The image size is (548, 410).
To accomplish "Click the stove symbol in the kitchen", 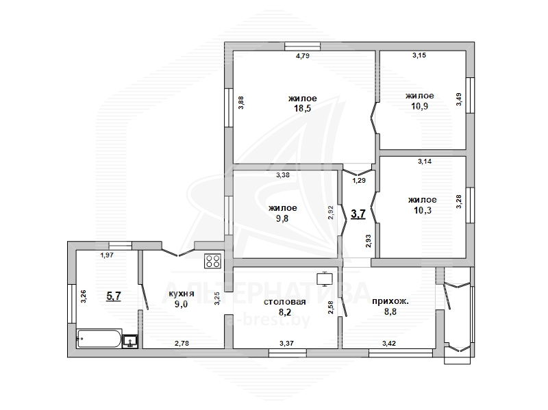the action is [213, 261].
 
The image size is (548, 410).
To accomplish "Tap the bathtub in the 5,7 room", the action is [99, 338].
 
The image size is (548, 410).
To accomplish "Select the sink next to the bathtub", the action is [130, 341].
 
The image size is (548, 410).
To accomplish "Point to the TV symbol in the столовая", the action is [325, 279].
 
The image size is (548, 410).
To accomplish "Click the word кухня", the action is [181, 294].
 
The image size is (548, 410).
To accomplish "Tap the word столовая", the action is [285, 302].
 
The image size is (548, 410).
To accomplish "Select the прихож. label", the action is [390, 302].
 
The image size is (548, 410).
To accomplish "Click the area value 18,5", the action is [302, 108].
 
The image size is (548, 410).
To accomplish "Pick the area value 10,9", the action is [419, 106].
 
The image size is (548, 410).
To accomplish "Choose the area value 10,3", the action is [423, 210].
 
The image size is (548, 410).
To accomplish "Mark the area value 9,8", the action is [282, 218].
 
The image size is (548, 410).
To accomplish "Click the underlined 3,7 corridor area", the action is [358, 214].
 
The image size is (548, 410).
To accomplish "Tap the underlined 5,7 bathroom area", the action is [114, 296].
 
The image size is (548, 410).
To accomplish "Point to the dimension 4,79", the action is [303, 55].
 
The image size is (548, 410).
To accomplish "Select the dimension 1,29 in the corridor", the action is [358, 181].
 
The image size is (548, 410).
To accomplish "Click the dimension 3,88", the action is [241, 103].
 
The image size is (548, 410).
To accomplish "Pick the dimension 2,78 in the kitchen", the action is [182, 344].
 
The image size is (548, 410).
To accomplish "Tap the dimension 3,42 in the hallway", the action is [389, 344].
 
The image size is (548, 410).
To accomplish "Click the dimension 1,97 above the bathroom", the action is [107, 255].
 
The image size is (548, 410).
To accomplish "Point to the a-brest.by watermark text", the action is [269, 320].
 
